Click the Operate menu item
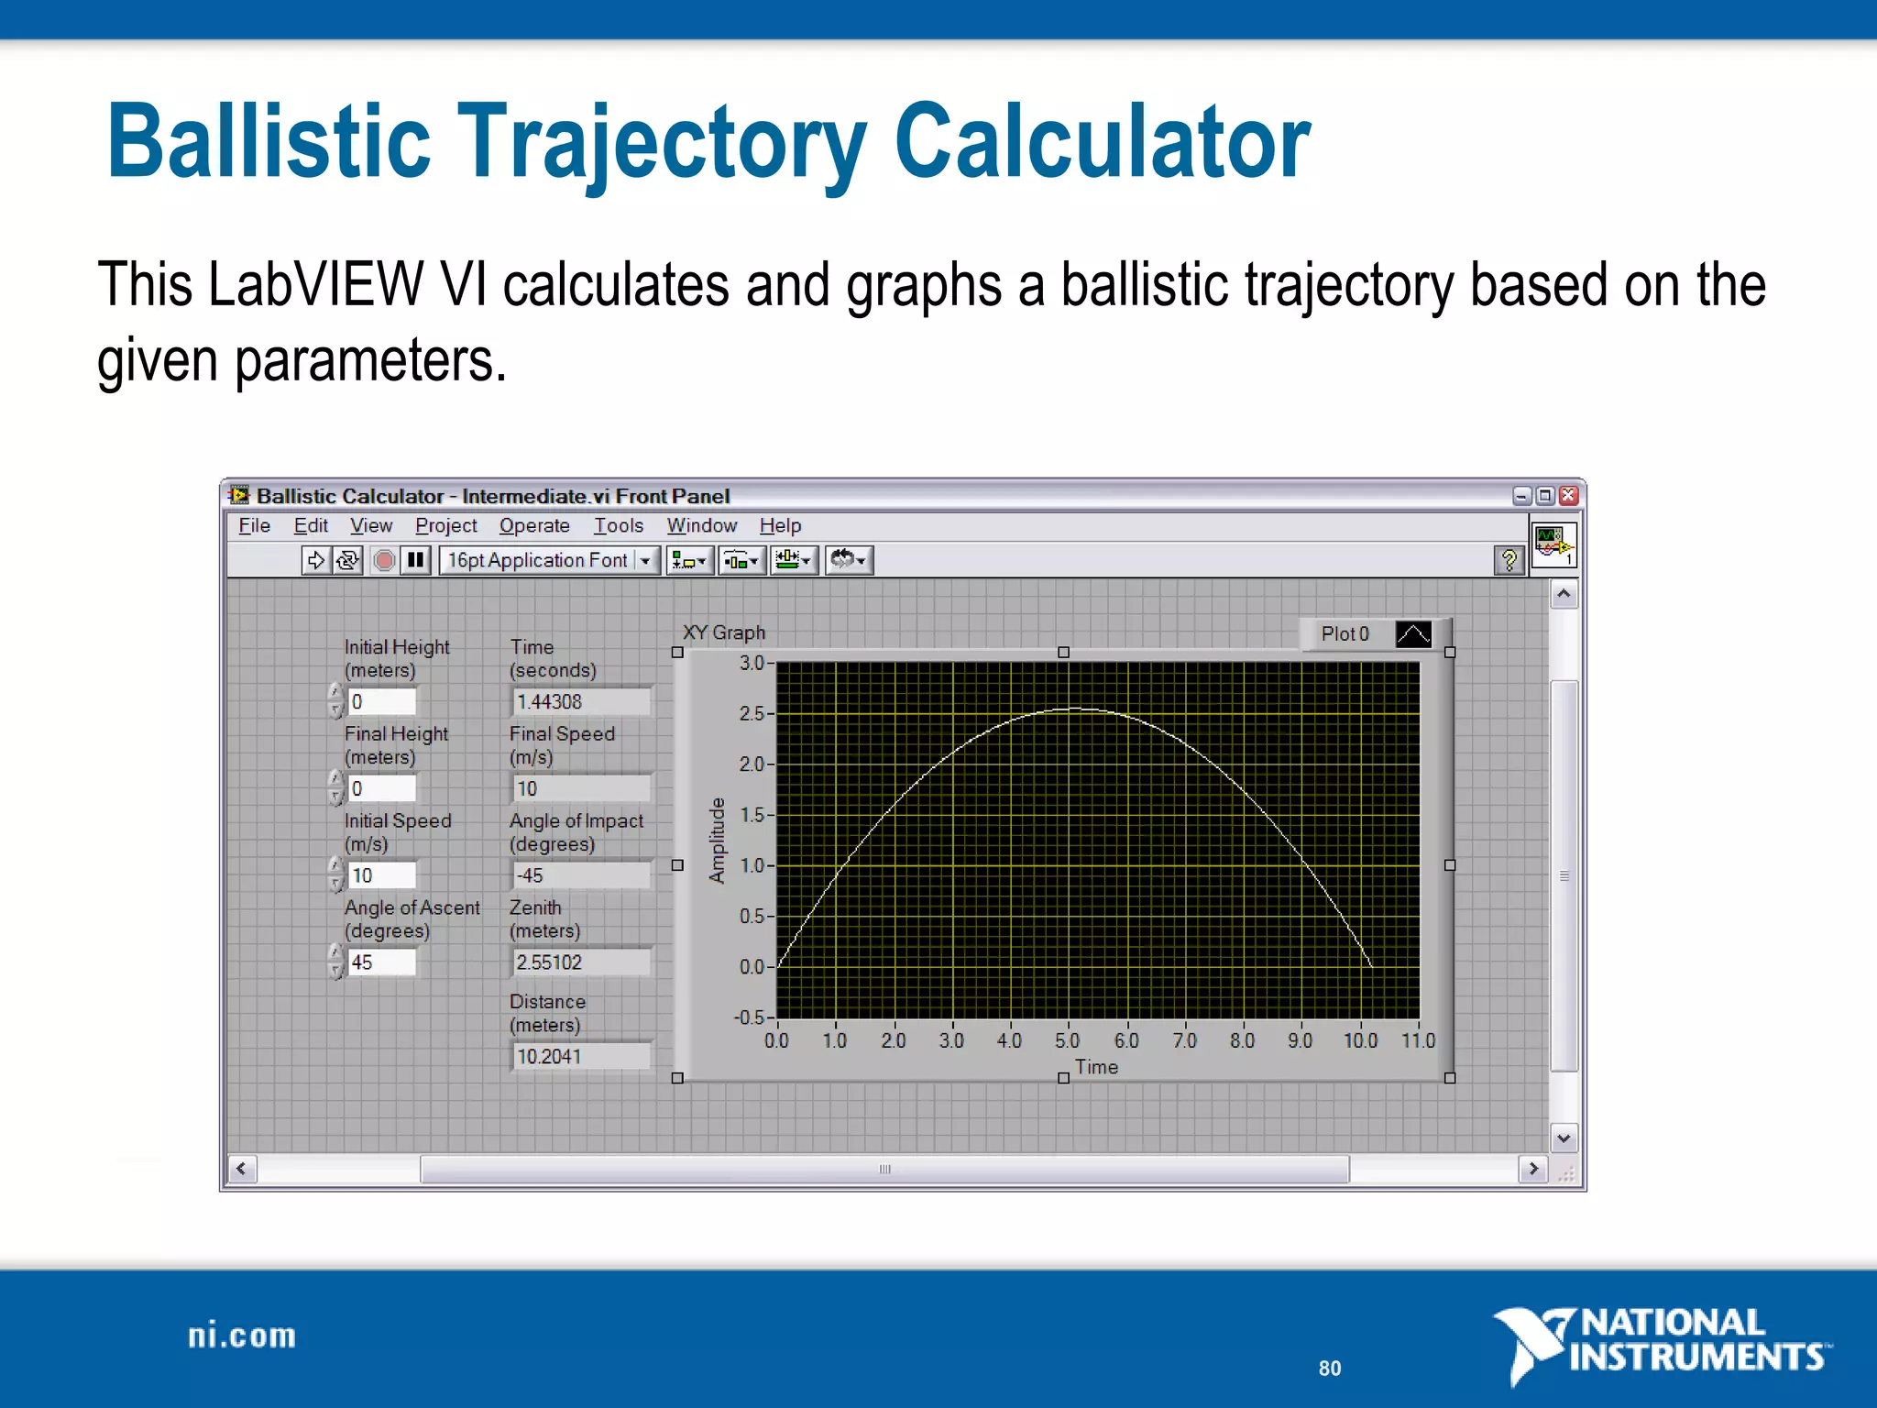point(534,525)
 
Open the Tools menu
point(618,525)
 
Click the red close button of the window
point(1569,495)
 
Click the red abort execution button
point(385,559)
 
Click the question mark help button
point(1509,559)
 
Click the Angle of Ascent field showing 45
point(381,962)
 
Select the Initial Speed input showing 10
point(381,875)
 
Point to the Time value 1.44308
point(580,701)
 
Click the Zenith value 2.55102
point(580,962)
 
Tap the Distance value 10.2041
point(580,1056)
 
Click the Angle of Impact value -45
point(580,875)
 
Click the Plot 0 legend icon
point(1412,634)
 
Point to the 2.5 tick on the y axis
point(752,713)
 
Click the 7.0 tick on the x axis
point(1184,1040)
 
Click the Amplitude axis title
point(717,841)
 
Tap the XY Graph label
point(723,632)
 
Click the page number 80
point(1329,1368)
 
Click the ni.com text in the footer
point(242,1336)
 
